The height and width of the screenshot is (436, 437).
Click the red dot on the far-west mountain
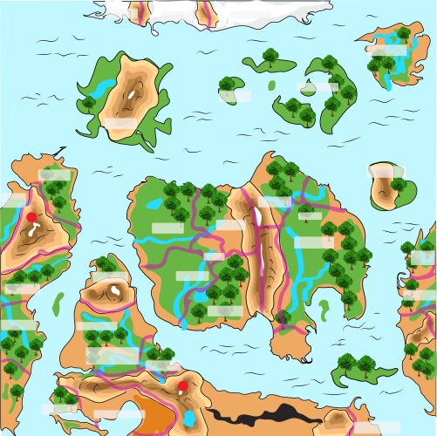[x=31, y=217]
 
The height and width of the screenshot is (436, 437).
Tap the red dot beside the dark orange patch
[x=183, y=385]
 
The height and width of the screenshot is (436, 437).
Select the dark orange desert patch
[x=154, y=413]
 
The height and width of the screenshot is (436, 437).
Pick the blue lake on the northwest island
[x=102, y=90]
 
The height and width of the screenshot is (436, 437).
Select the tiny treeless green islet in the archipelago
[x=271, y=85]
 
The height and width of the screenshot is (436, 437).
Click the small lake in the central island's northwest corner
[x=154, y=206]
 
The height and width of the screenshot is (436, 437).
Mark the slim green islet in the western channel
[x=57, y=304]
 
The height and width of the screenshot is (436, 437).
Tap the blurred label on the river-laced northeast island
[x=386, y=50]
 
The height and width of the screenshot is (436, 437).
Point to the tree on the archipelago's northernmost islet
[x=270, y=59]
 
